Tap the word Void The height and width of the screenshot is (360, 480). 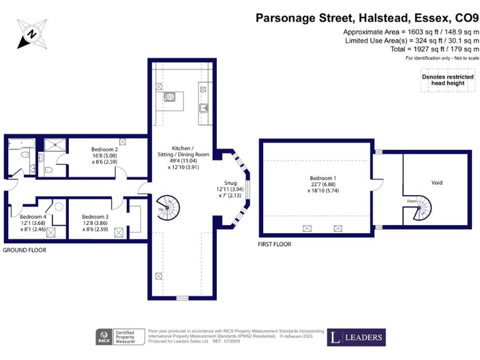tap(437, 182)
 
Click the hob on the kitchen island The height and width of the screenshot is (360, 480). tap(169, 97)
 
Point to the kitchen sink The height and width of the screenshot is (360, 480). tap(203, 108)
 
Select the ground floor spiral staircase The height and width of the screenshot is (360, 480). tap(167, 207)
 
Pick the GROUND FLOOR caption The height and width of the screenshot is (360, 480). tap(24, 250)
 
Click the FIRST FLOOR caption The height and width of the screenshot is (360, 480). tap(274, 244)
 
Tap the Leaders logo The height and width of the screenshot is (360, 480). tap(356, 337)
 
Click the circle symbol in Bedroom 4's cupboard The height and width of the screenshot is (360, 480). tap(58, 207)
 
